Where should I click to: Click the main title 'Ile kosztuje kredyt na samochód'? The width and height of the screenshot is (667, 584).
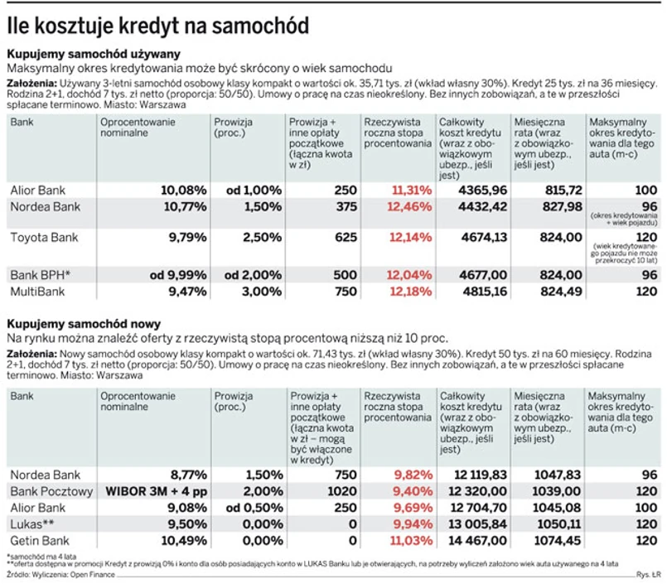coord(158,27)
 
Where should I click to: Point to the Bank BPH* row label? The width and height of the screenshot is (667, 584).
coord(41,274)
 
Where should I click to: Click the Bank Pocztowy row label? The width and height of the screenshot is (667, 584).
coord(51,491)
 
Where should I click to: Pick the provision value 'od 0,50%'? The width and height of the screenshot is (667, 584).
coord(249,508)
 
